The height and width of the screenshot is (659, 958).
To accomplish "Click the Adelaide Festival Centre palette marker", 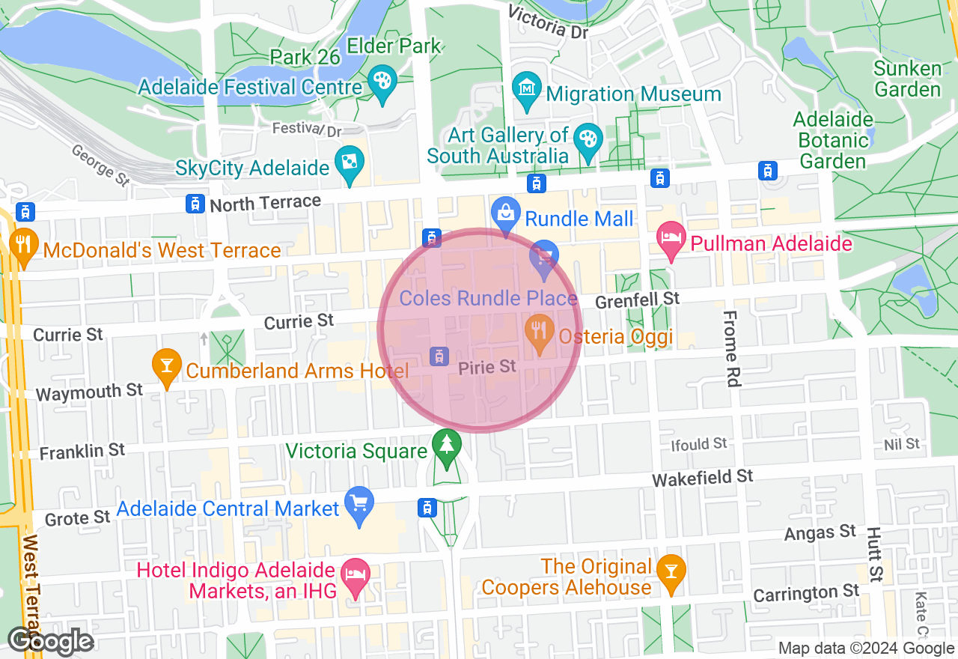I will (x=382, y=83).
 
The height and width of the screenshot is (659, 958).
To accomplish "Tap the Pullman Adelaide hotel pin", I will (x=671, y=240).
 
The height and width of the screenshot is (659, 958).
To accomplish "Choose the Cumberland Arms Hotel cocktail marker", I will (x=167, y=366).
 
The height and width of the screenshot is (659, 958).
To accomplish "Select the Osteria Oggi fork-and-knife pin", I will (x=538, y=332).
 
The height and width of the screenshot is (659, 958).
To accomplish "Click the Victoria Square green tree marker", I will (x=447, y=447).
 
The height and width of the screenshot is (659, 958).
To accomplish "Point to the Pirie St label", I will (x=487, y=367).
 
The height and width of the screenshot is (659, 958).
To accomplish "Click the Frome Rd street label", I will (x=731, y=347).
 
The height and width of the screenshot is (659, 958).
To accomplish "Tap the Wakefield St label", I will (x=702, y=477).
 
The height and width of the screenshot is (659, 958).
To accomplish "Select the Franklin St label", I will (x=82, y=452).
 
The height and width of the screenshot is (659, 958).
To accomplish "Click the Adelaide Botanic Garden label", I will (x=833, y=140).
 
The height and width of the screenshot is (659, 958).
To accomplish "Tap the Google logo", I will (x=50, y=642).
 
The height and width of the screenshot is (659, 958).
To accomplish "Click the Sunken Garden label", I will (x=908, y=79).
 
